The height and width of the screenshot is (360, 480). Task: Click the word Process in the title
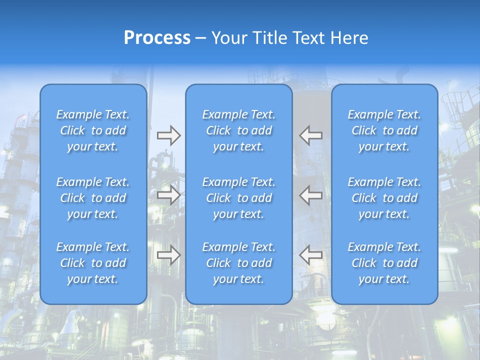pos(157,38)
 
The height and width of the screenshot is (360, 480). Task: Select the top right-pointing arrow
pos(169,135)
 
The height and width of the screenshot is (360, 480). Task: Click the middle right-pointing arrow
pos(169,195)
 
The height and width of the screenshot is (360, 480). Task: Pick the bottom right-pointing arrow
pos(169,255)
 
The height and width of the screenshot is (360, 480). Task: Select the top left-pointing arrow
pos(311,135)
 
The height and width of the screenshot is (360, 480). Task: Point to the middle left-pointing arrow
pos(311,195)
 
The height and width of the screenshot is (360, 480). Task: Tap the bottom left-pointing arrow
pos(311,255)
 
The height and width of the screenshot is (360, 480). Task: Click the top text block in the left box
pos(93,130)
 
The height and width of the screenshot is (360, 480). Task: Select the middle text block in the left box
pos(93,198)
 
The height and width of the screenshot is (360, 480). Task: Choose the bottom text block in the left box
pos(93,263)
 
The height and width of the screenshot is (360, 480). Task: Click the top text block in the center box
pos(238,130)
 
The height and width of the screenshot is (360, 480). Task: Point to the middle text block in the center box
pos(238,198)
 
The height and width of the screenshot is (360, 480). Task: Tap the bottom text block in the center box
pos(238,263)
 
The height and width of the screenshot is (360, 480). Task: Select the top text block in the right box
pos(384,130)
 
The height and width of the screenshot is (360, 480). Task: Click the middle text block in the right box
pos(384,198)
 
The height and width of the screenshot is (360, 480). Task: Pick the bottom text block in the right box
pos(384,263)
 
